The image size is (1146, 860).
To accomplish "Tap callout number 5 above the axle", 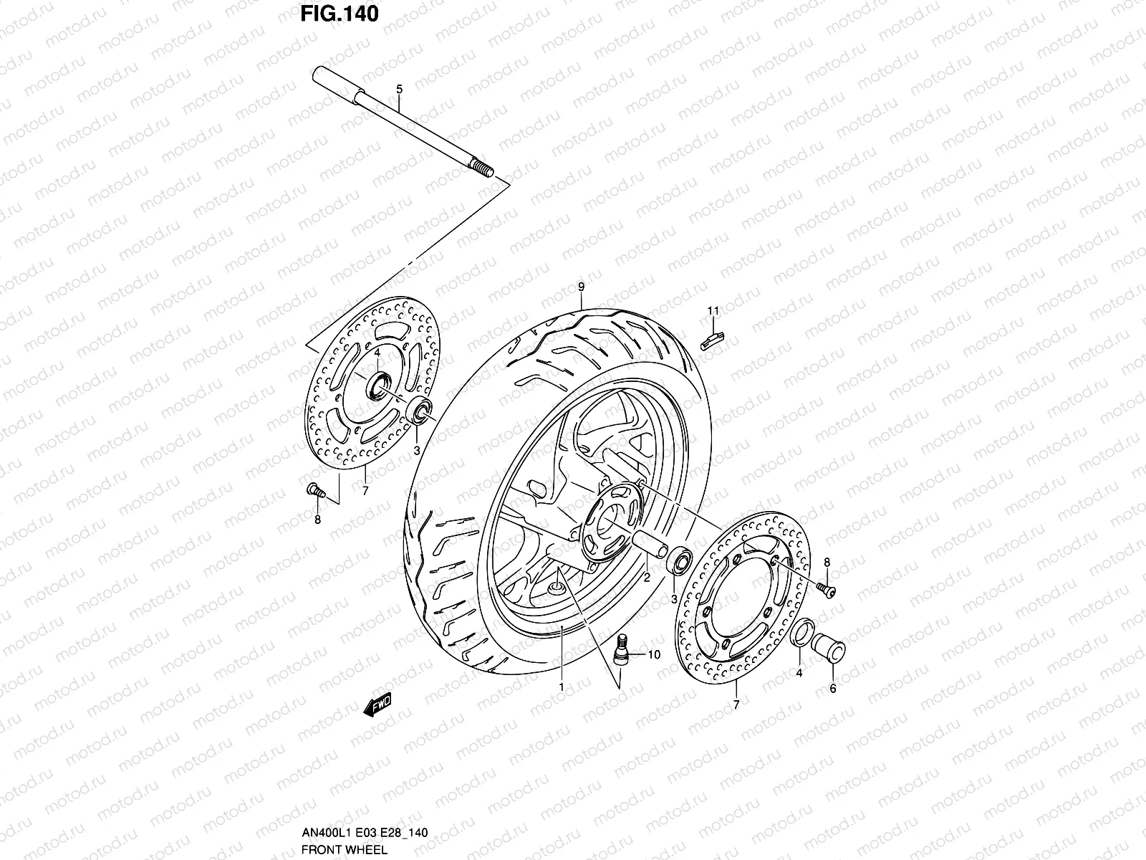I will tap(399, 89).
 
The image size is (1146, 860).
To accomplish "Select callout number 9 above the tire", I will tap(581, 287).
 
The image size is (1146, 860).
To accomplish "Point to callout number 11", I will tap(713, 310).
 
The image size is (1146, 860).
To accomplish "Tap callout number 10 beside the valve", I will tap(653, 654).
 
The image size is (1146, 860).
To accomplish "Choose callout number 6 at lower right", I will tap(832, 689).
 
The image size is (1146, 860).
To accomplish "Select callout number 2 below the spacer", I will tap(646, 577).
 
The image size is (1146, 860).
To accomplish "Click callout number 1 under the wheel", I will tap(562, 687).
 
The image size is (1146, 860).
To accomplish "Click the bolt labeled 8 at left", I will tap(314, 490).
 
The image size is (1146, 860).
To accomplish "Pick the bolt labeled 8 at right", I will tap(827, 590).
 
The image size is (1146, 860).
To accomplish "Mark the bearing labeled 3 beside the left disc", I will tap(420, 410).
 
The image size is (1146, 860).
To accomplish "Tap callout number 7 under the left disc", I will tap(365, 491).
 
